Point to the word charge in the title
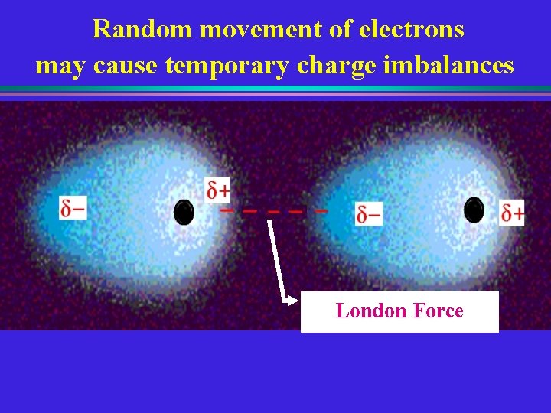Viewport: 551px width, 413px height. click(332, 66)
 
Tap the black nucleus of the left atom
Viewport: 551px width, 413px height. click(184, 212)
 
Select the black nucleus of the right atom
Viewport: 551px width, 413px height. click(474, 209)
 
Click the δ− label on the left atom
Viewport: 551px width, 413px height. click(73, 207)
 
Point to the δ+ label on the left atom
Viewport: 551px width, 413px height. click(217, 189)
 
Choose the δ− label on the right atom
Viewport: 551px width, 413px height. click(369, 214)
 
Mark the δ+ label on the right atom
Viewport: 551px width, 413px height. click(513, 212)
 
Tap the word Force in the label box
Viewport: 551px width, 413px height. click(438, 311)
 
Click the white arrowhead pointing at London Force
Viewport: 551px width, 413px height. click(292, 301)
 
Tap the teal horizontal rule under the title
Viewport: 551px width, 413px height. click(275, 89)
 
